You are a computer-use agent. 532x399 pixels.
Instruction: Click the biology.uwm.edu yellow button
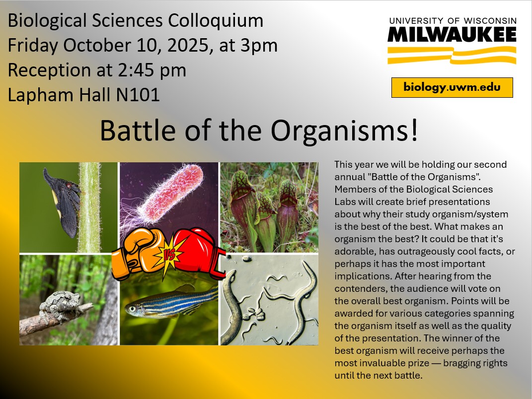click(452, 88)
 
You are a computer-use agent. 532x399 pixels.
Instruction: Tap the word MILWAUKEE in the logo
click(452, 34)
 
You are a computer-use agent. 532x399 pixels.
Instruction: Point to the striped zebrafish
click(169, 302)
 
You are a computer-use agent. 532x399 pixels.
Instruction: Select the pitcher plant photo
click(269, 206)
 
